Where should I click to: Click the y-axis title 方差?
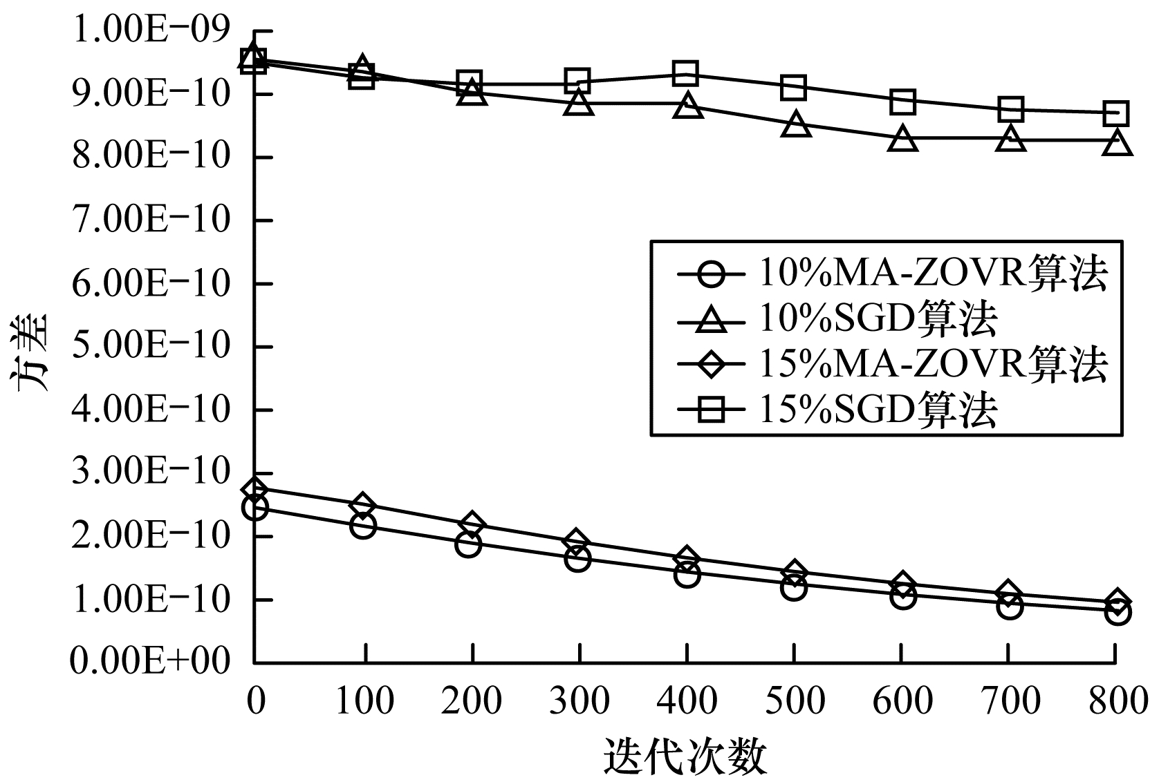tap(31, 352)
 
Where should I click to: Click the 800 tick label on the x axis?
tap(1115, 701)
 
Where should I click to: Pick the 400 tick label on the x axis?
tap(686, 701)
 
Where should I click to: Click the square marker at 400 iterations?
tap(686, 73)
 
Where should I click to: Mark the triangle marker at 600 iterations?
tap(902, 140)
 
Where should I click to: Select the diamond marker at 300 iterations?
tap(577, 542)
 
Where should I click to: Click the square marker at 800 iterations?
tap(1116, 113)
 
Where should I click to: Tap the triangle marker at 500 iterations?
tap(795, 125)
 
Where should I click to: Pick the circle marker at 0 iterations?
tap(255, 508)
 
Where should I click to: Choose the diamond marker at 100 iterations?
tap(362, 505)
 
